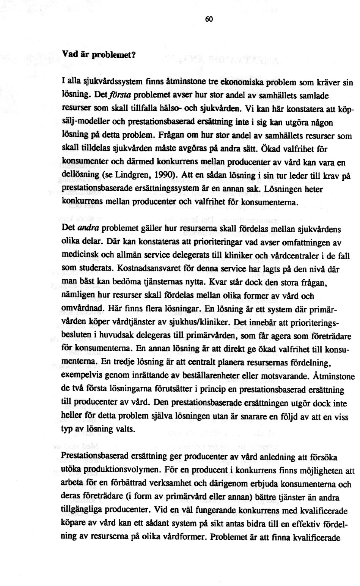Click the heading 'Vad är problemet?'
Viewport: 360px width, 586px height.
pos(98,54)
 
